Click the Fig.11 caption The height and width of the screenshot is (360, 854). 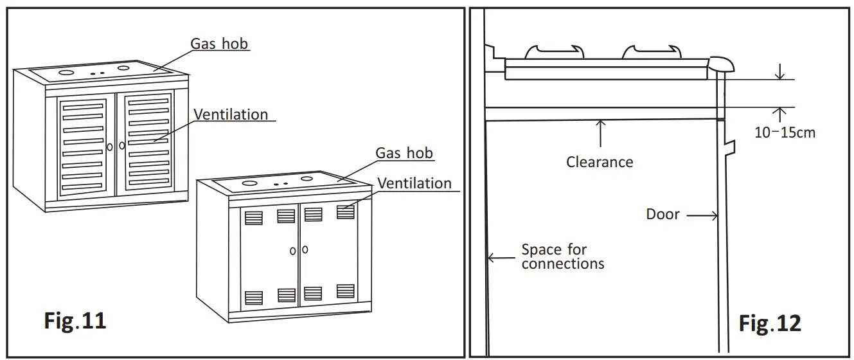click(x=75, y=320)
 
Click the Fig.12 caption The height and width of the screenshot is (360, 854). click(x=769, y=323)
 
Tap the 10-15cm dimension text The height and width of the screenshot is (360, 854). click(x=785, y=132)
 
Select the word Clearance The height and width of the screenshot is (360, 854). click(x=600, y=162)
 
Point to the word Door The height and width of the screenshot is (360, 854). click(x=663, y=214)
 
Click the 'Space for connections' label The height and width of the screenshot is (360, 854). click(x=563, y=256)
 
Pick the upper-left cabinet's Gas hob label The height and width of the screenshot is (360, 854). click(x=219, y=44)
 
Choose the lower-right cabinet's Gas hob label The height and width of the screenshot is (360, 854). click(x=404, y=153)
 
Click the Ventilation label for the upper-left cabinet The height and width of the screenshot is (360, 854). click(x=231, y=114)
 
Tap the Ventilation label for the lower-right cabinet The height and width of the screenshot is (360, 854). click(x=414, y=183)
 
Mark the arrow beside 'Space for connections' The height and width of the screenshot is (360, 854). click(x=502, y=258)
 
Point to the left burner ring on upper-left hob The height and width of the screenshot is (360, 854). click(x=66, y=73)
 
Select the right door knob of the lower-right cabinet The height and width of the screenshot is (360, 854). click(x=305, y=249)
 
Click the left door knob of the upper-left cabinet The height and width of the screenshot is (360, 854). click(x=110, y=147)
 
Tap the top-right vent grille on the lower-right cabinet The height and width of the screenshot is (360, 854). click(x=346, y=212)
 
